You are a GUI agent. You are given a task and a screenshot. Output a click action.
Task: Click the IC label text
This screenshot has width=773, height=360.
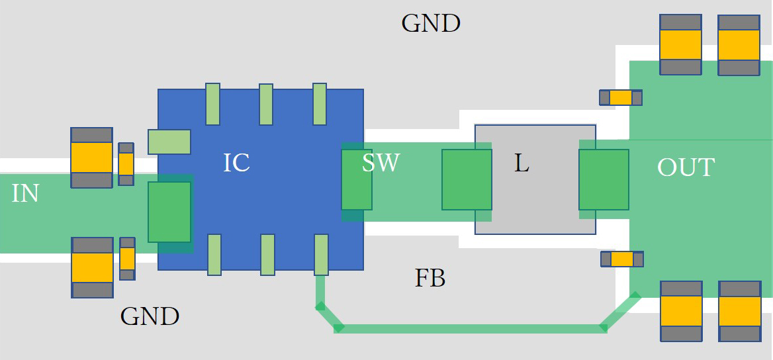[x=236, y=162]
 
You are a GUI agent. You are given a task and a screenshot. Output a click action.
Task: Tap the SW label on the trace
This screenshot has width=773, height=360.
[x=381, y=162]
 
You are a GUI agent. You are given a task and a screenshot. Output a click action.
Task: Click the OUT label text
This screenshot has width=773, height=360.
[x=686, y=167]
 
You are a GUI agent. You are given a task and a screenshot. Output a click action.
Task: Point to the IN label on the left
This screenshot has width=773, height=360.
[x=25, y=193]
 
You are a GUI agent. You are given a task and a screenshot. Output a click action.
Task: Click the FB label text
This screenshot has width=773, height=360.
[x=430, y=279]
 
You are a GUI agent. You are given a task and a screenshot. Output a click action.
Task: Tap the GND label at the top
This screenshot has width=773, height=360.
[x=431, y=24]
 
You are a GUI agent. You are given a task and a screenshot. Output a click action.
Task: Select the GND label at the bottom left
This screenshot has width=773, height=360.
[x=150, y=316]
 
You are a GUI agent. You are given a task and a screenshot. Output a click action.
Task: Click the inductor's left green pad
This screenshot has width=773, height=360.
[x=467, y=179]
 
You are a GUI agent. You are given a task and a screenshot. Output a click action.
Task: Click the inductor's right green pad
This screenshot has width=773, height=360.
[x=604, y=179]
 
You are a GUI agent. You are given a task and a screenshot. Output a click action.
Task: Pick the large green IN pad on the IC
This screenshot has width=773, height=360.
[x=169, y=212]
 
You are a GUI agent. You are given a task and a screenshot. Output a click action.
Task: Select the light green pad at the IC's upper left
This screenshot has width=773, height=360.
[x=169, y=142]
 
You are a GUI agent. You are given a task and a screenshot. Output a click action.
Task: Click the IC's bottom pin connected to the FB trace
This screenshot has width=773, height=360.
[x=321, y=254]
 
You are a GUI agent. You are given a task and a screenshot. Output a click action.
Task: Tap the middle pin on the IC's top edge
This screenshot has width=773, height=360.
[x=266, y=104]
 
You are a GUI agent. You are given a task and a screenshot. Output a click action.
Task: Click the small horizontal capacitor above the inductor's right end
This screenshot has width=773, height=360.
[x=621, y=98]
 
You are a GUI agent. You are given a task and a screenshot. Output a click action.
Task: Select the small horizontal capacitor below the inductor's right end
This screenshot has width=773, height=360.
[x=621, y=259]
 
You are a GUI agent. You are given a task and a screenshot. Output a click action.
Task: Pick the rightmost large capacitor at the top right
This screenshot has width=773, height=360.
[x=739, y=44]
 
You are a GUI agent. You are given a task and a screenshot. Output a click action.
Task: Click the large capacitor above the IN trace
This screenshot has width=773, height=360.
[x=92, y=157]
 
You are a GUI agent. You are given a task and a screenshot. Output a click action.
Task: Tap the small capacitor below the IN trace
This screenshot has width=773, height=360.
[x=127, y=259]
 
